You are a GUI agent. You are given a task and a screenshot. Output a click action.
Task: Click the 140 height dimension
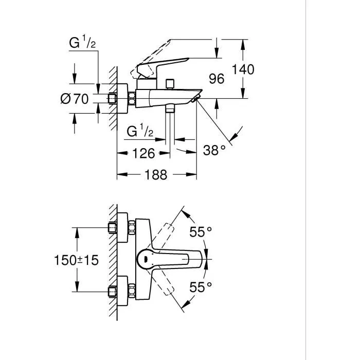pos(243,69)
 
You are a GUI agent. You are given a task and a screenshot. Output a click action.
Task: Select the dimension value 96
pos(217,79)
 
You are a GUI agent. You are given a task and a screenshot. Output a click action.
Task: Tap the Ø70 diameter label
pos(75,99)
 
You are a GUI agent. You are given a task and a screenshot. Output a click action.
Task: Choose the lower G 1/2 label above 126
pos(140,131)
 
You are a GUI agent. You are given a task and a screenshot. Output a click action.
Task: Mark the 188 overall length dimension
pos(156,175)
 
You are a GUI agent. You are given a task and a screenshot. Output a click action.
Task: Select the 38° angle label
pos(214,151)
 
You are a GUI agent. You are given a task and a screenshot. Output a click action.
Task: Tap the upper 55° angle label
pos(200,232)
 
